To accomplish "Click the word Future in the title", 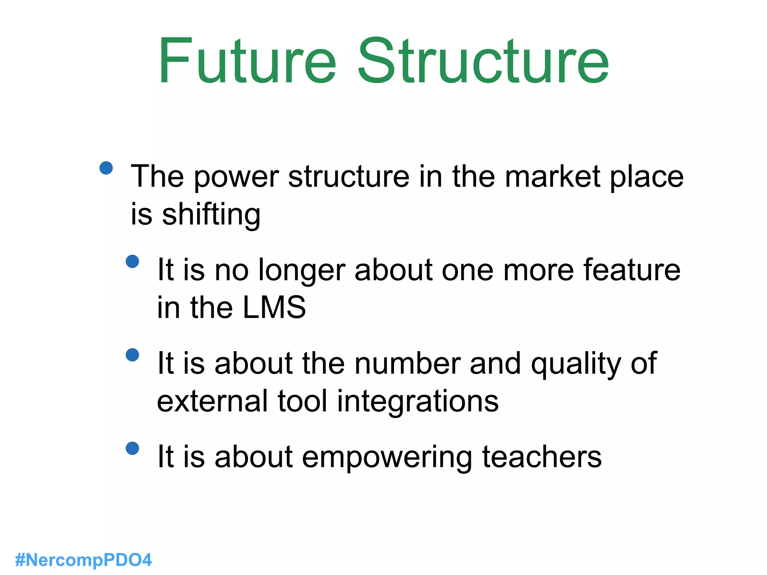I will click(247, 61).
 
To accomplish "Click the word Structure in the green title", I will click(483, 61).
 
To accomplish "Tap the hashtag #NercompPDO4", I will click(84, 560).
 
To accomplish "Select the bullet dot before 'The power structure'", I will click(106, 168).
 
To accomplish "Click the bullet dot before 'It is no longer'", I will click(133, 261).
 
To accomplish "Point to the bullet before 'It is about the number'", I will click(133, 355).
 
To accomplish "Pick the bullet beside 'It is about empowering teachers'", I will click(133, 448).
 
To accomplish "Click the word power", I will click(236, 177).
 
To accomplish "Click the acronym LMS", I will click(274, 307).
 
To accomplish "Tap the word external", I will click(213, 401).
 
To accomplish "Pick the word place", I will click(647, 177).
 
